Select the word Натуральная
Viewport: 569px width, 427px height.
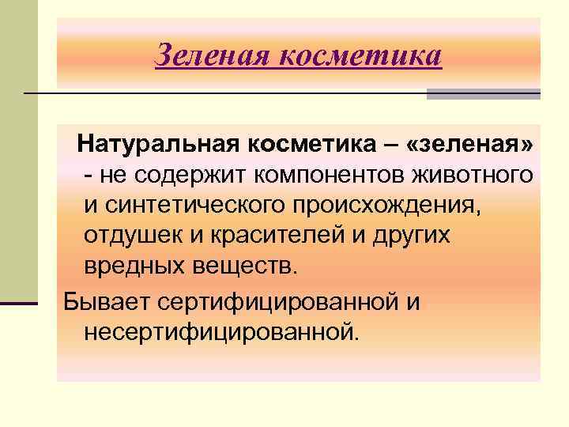point(168,145)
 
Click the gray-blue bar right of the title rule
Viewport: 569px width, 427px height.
point(483,94)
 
